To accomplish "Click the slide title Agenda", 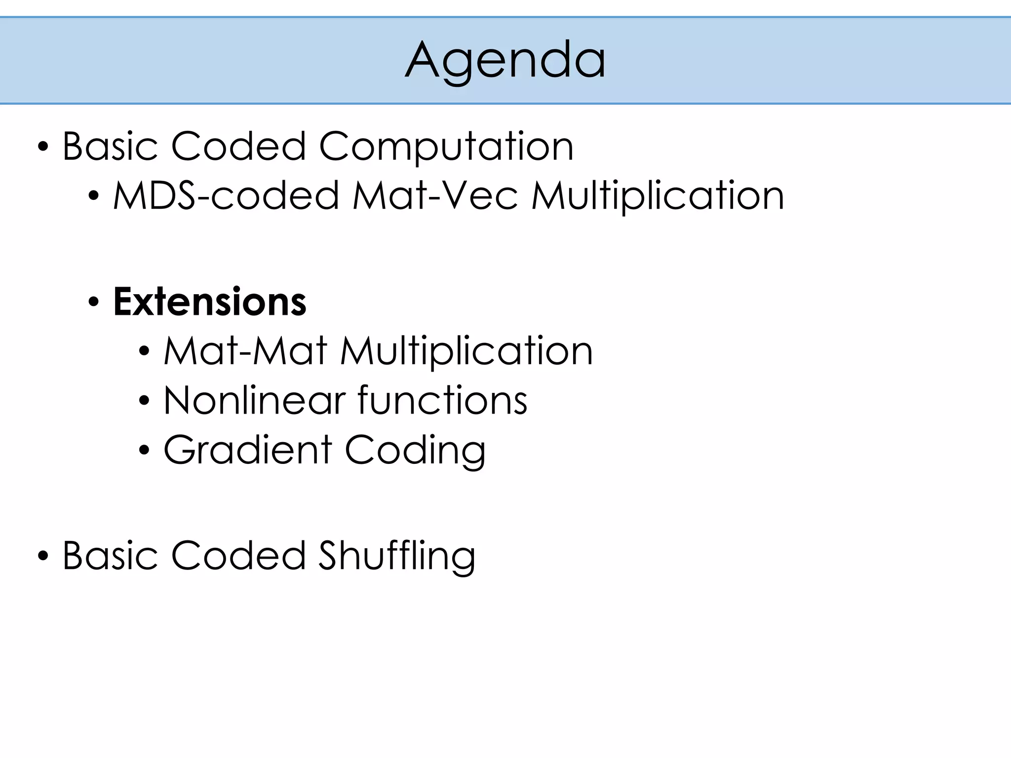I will click(x=505, y=60).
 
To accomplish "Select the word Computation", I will click(x=446, y=147).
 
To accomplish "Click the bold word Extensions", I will click(x=210, y=302).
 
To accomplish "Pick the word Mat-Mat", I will click(x=245, y=351).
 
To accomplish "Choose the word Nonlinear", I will click(x=254, y=400).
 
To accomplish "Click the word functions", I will click(x=442, y=400).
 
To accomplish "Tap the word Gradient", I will click(x=248, y=450).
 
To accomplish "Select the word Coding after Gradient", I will click(x=415, y=450).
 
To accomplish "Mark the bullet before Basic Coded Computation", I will click(x=43, y=148).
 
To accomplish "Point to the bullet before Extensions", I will click(x=94, y=303).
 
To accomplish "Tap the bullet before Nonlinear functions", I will click(x=144, y=401).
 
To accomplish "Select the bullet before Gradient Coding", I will click(x=144, y=450).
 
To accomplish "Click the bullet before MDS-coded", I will click(x=94, y=196).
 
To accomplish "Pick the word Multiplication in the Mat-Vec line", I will click(x=658, y=196).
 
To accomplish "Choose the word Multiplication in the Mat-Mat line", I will click(x=467, y=351).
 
